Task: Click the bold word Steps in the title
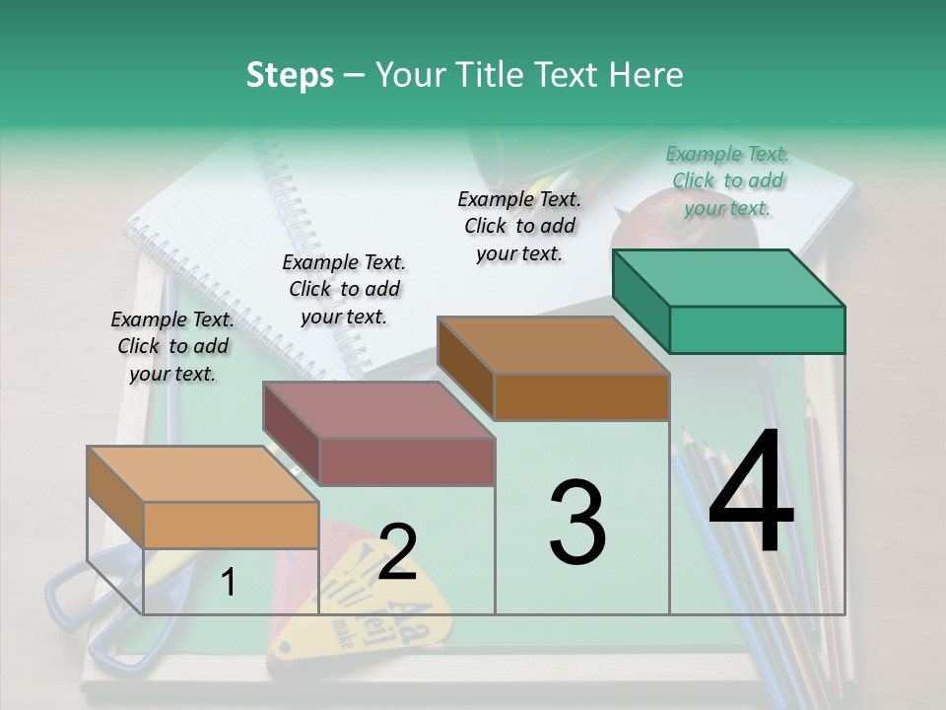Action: pyautogui.click(x=290, y=76)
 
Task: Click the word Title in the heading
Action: pyautogui.click(x=493, y=76)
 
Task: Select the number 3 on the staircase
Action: pyautogui.click(x=577, y=523)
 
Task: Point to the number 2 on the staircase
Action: pyautogui.click(x=397, y=552)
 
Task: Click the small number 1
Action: pyautogui.click(x=228, y=583)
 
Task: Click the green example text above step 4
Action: pyautogui.click(x=727, y=180)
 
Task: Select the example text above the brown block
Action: pyautogui.click(x=519, y=226)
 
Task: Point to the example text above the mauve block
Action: pyautogui.click(x=344, y=289)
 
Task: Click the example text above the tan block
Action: pyautogui.click(x=172, y=346)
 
